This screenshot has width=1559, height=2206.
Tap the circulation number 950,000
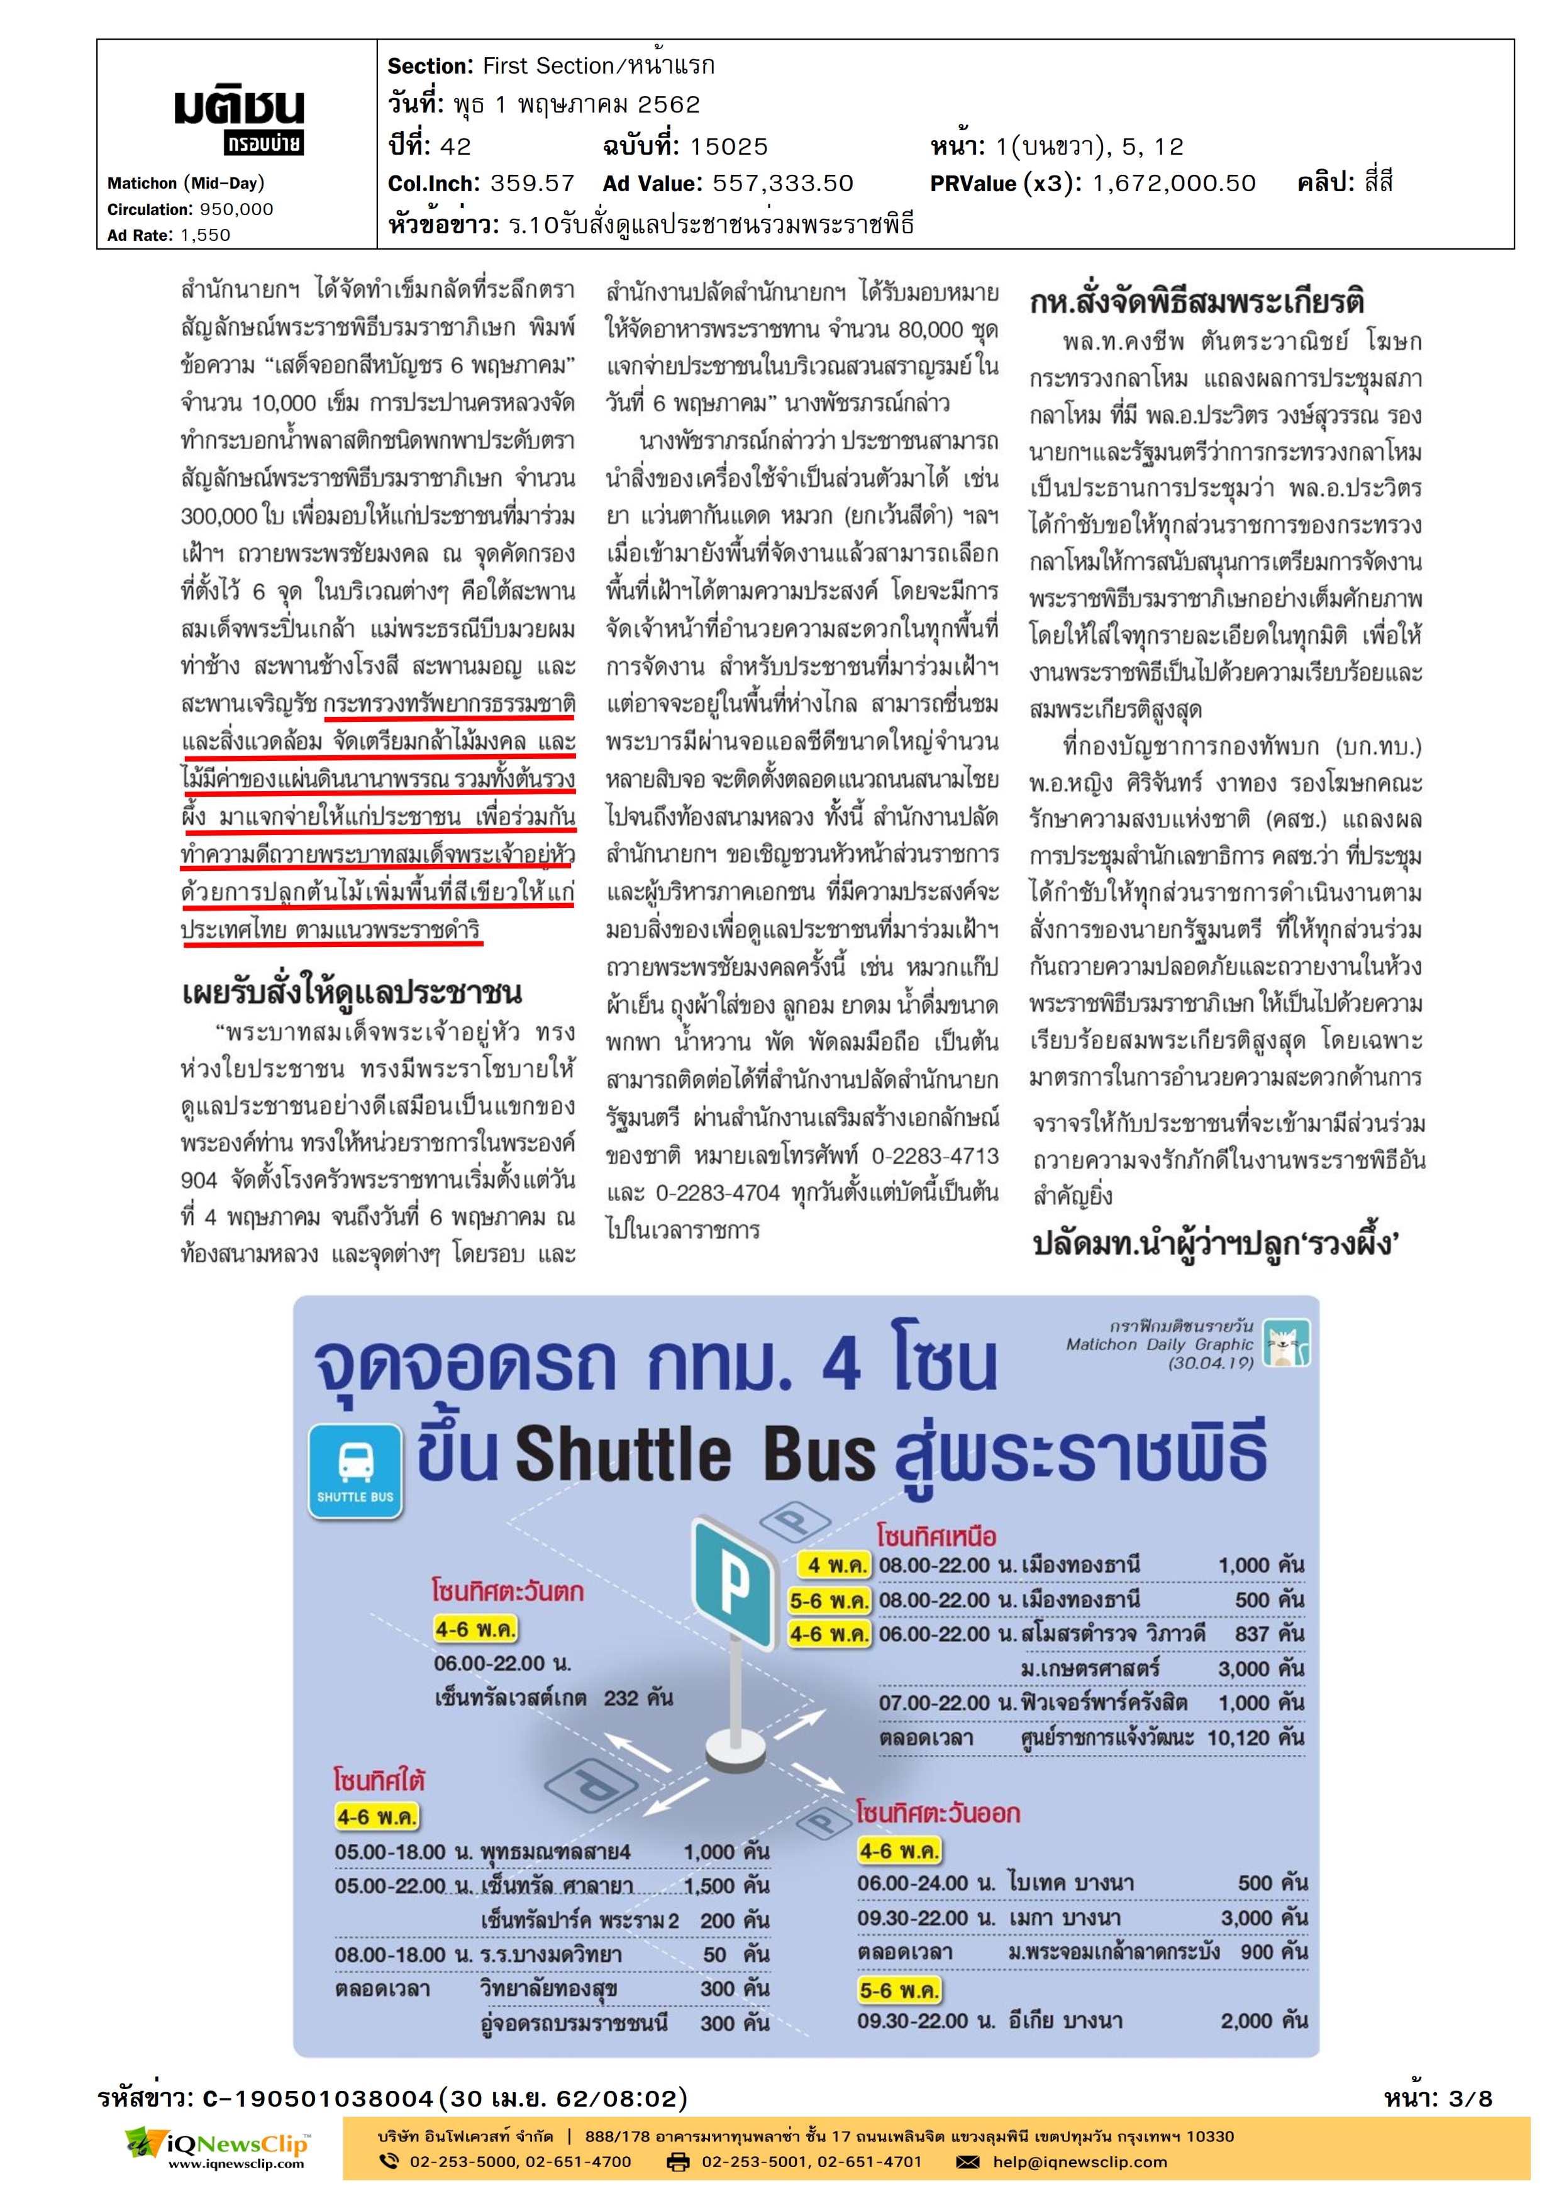click(236, 209)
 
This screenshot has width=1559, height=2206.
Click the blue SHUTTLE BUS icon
click(355, 1471)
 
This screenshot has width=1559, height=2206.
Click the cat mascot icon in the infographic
click(1286, 1342)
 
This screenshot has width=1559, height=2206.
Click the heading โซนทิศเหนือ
click(936, 1536)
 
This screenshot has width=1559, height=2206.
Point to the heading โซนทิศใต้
click(379, 1780)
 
